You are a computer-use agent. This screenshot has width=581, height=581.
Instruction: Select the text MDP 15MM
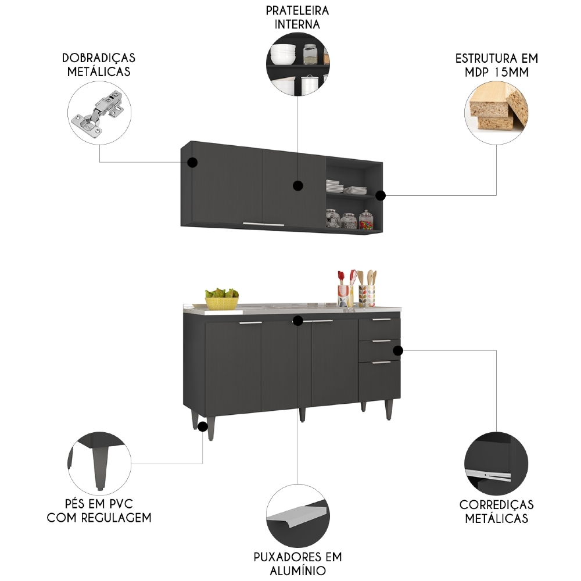pos(496,72)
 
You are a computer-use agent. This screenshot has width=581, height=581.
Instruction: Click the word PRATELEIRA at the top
pos(297,11)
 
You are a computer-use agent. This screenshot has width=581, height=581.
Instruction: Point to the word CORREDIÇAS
pos(496,504)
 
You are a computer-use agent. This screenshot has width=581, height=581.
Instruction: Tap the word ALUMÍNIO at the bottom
pos(297,571)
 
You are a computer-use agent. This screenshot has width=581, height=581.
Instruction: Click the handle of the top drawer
pos(382,320)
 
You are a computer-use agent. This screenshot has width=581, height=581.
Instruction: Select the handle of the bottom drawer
pos(382,363)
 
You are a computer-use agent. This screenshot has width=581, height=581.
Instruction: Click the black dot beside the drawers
pos(398,350)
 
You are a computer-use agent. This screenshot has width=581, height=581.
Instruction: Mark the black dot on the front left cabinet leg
pos(203,426)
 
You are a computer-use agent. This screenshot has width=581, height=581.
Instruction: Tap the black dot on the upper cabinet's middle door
pos(298,186)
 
